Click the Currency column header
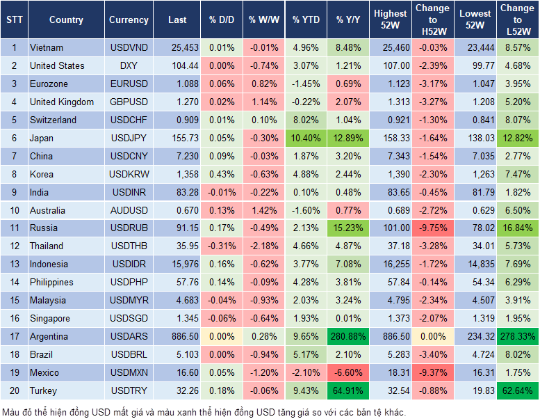coord(129,20)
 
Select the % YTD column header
coord(306,20)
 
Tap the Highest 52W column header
coord(390,20)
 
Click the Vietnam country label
coord(47,47)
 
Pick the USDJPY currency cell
coord(129,138)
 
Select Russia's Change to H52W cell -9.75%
coord(432,228)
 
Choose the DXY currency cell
coord(129,65)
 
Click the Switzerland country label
coord(54,120)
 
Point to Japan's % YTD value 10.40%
coord(306,138)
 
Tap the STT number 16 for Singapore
coord(14,318)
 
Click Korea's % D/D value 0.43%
coord(222,174)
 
